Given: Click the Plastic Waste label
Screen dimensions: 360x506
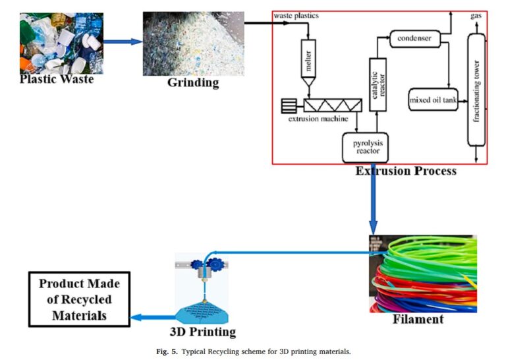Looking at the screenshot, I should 57,80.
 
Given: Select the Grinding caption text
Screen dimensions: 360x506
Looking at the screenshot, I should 192,83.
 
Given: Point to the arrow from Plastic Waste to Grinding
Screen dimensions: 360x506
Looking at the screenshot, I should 123,42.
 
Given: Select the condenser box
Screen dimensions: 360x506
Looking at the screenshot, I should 414,38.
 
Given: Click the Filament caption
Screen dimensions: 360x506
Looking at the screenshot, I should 417,320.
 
